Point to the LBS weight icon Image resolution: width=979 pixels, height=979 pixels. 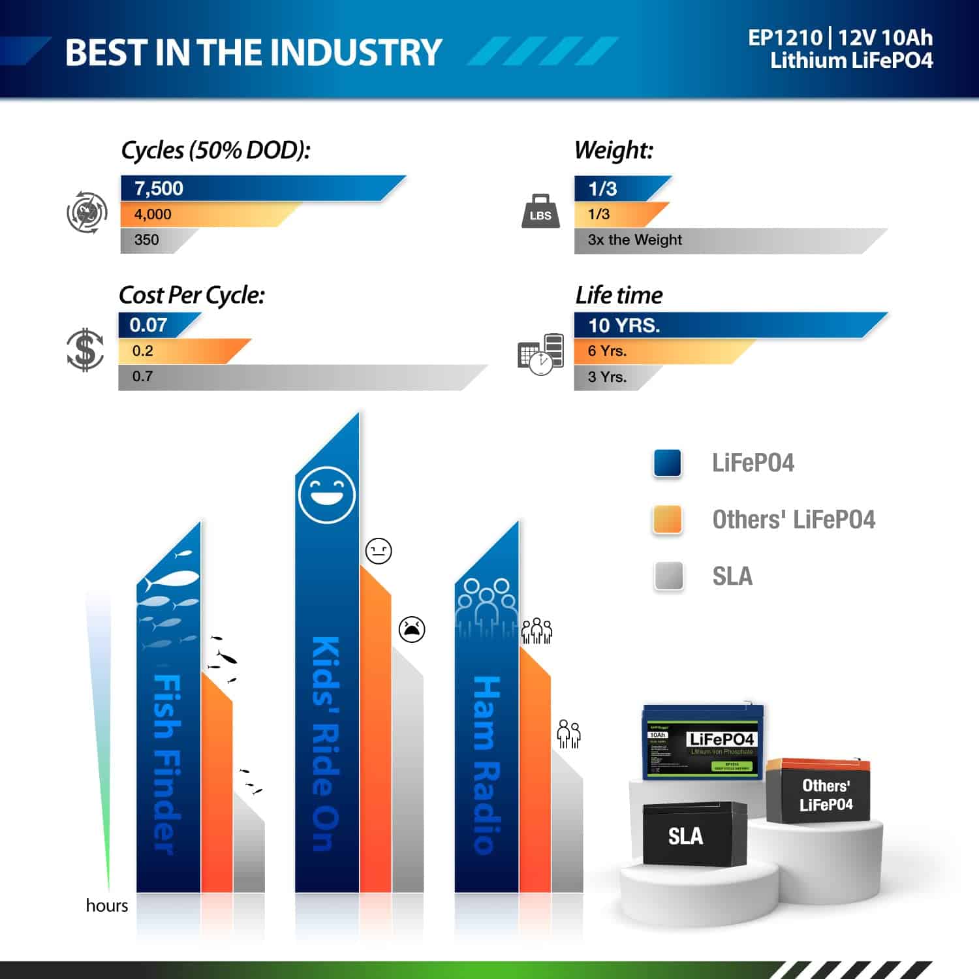click(540, 212)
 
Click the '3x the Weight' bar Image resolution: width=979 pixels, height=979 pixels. click(718, 240)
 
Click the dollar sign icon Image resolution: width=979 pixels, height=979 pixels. click(85, 350)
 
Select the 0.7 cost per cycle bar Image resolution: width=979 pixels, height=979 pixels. click(294, 377)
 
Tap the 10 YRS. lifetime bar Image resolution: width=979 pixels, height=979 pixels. click(718, 325)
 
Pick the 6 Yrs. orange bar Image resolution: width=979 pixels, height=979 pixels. click(653, 351)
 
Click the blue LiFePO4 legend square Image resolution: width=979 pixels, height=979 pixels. click(667, 463)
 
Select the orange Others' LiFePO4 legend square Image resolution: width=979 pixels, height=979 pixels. click(667, 520)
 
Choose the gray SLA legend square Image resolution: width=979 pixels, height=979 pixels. click(668, 576)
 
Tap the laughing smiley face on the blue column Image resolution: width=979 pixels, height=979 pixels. click(326, 494)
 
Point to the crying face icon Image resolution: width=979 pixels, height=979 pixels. click(412, 629)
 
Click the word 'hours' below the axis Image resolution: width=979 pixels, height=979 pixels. click(107, 905)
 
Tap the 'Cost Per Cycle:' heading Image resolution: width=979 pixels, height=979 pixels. click(192, 296)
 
